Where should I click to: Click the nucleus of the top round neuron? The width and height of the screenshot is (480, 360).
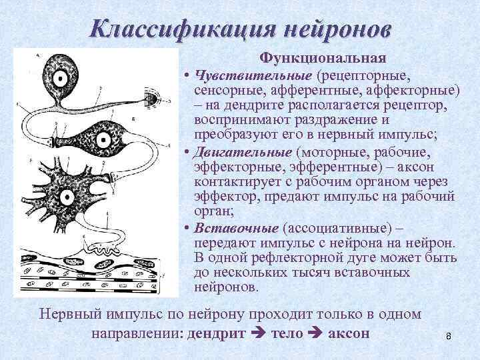click(61, 79)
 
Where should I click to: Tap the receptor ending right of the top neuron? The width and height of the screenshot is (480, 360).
click(151, 99)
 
